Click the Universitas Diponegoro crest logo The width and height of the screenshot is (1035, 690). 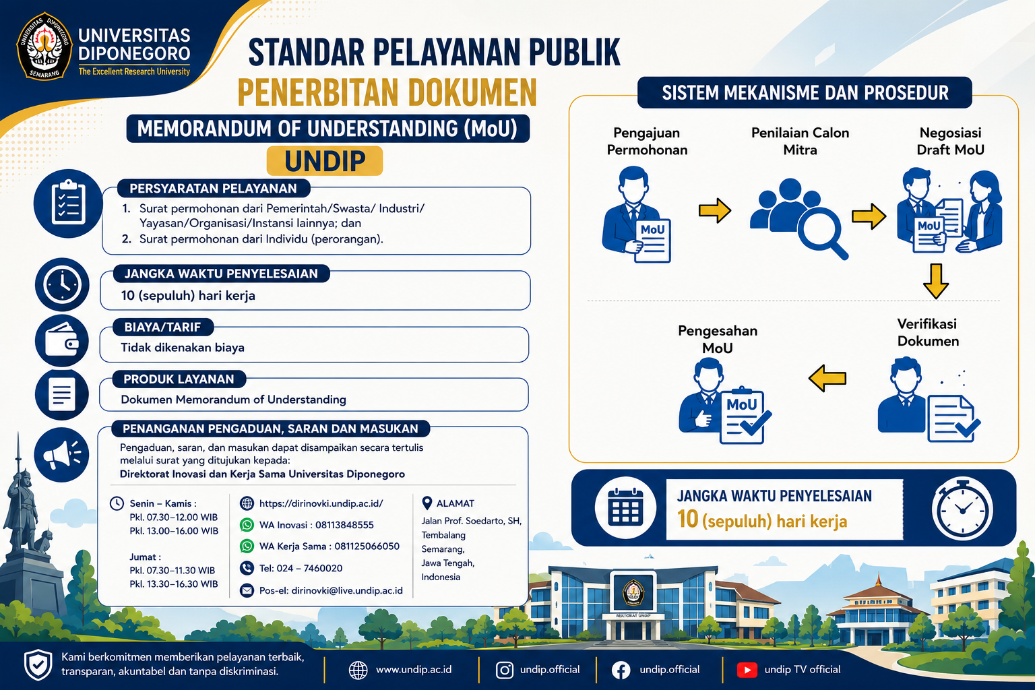[x=44, y=46]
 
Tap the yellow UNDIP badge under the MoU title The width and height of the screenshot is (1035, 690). [x=325, y=161]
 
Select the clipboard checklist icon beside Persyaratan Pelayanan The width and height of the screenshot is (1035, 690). [x=68, y=203]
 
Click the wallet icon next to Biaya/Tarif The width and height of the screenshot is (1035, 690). [x=62, y=340]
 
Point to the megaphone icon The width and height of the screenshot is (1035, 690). [x=62, y=455]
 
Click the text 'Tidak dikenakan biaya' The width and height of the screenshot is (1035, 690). [x=183, y=348]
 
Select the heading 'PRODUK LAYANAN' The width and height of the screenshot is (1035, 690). [x=179, y=379]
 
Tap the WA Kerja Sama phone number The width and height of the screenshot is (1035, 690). [x=367, y=546]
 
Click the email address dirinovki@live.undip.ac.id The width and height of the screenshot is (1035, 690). [x=347, y=591]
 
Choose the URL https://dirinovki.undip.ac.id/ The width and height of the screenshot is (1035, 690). [x=321, y=503]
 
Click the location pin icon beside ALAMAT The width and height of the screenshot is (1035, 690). [x=427, y=503]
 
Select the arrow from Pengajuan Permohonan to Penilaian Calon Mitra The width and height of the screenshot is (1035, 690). [x=714, y=211]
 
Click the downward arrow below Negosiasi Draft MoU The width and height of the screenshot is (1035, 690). [x=936, y=281]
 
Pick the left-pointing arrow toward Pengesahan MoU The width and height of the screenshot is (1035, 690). [x=827, y=379]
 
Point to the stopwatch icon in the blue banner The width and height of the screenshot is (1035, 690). [x=962, y=508]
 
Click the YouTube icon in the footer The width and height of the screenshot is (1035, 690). [x=747, y=670]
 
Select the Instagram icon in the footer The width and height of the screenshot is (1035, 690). [x=505, y=670]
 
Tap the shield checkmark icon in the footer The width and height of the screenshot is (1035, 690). [x=38, y=664]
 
